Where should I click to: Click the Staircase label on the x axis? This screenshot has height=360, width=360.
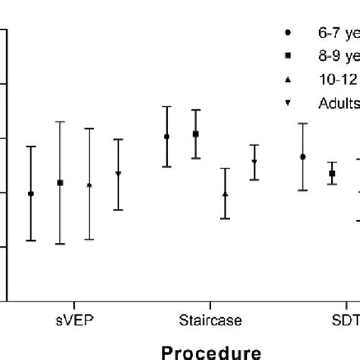pyautogui.click(x=210, y=321)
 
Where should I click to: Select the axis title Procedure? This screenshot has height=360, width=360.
pyautogui.click(x=210, y=352)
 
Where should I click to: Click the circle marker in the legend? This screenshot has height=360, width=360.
pyautogui.click(x=286, y=33)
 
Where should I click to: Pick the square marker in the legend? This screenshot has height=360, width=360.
pyautogui.click(x=286, y=55)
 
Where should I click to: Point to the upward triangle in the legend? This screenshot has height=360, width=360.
pyautogui.click(x=286, y=79)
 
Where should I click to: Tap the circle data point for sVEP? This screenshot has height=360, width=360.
pyautogui.click(x=30, y=194)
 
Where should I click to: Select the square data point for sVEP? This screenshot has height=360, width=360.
pyautogui.click(x=60, y=183)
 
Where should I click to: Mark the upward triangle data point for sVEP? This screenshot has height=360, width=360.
pyautogui.click(x=90, y=185)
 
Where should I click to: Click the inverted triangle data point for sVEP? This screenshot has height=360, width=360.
pyautogui.click(x=118, y=174)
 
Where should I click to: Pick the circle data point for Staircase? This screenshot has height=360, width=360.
pyautogui.click(x=167, y=137)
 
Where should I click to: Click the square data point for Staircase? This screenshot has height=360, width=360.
pyautogui.click(x=195, y=134)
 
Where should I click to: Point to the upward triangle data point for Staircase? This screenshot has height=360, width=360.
pyautogui.click(x=225, y=194)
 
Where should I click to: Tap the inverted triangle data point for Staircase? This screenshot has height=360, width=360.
pyautogui.click(x=254, y=162)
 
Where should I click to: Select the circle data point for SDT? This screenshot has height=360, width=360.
pyautogui.click(x=303, y=157)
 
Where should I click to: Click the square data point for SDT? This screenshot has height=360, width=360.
pyautogui.click(x=332, y=174)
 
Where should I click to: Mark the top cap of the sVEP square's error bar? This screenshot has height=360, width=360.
pyautogui.click(x=60, y=122)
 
